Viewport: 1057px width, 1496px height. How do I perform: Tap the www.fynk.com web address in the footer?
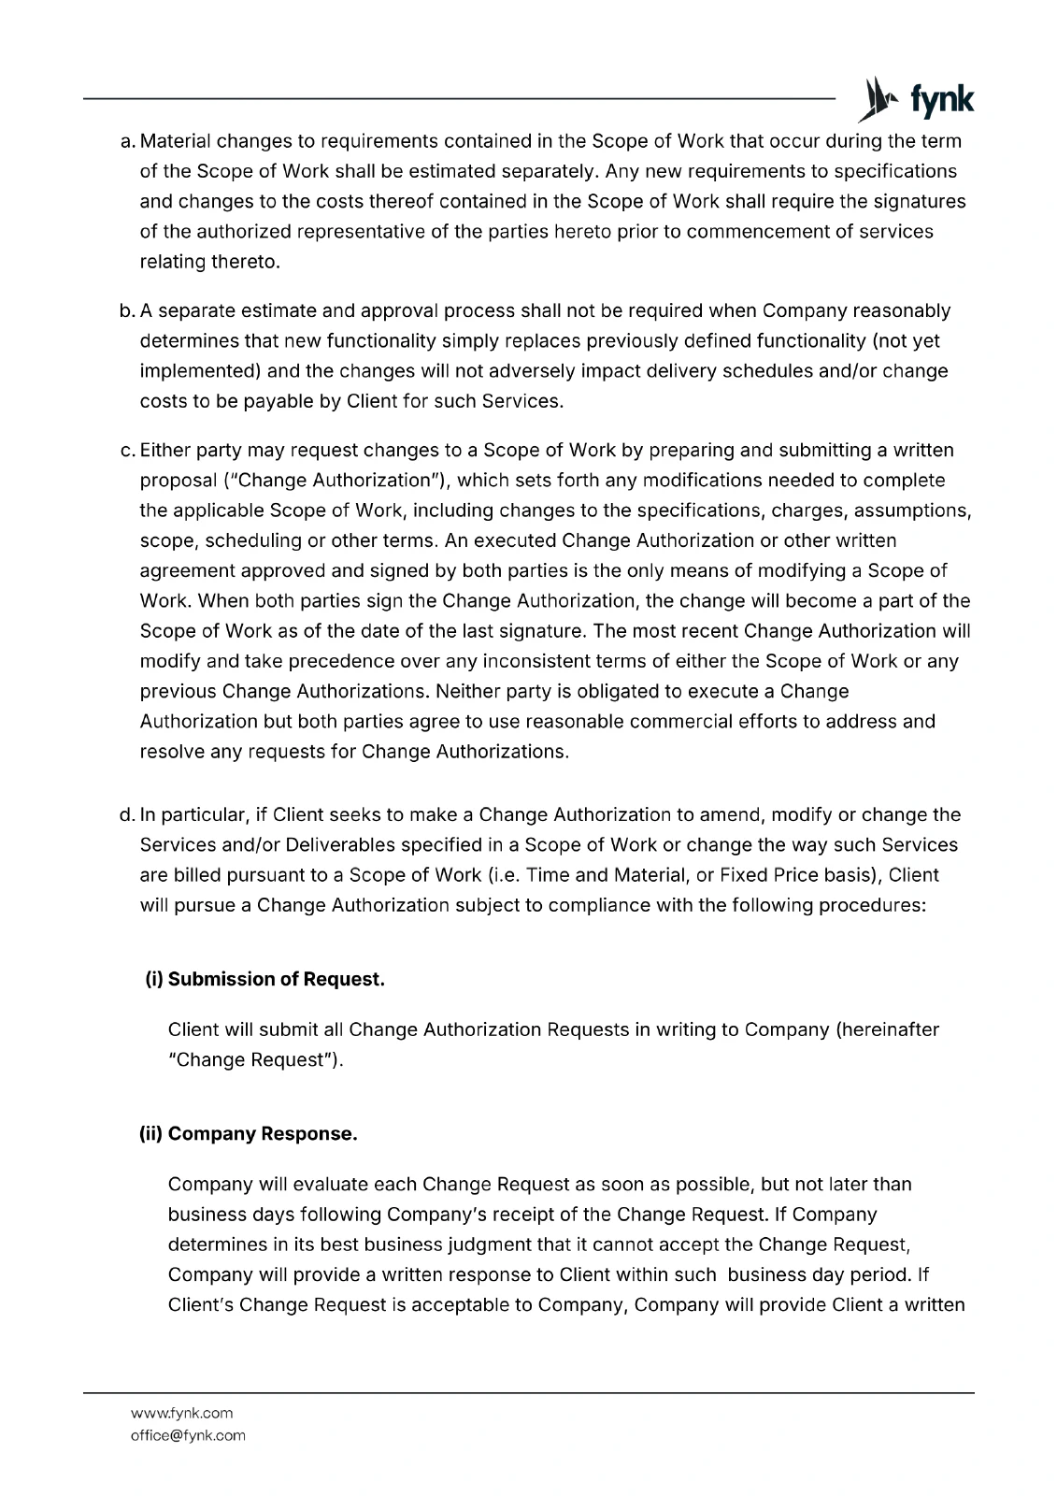pyautogui.click(x=181, y=1413)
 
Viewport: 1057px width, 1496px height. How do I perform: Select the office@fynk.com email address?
pyautogui.click(x=187, y=1435)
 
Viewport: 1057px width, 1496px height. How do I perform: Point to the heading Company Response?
pyautogui.click(x=249, y=1134)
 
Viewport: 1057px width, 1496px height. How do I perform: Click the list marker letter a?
pyautogui.click(x=127, y=141)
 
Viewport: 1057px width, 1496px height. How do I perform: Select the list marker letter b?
pyautogui.click(x=127, y=310)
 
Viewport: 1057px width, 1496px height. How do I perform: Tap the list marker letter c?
pyautogui.click(x=127, y=450)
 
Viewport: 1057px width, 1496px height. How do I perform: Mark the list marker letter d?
pyautogui.click(x=127, y=814)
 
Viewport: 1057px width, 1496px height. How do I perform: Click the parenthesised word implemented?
pyautogui.click(x=200, y=370)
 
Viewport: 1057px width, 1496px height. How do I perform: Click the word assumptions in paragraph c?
pyautogui.click(x=912, y=511)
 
